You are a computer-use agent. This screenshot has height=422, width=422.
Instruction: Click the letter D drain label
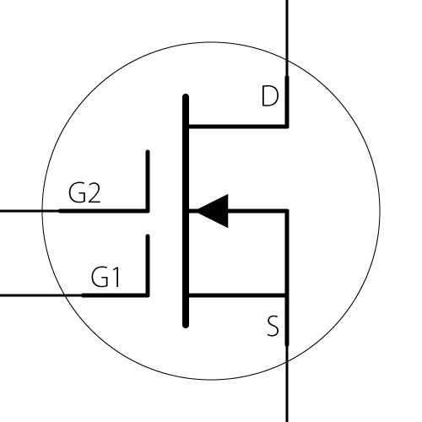click(x=270, y=96)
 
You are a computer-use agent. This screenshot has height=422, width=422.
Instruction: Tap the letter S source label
click(x=273, y=326)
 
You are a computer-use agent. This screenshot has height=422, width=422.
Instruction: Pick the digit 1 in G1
click(x=116, y=277)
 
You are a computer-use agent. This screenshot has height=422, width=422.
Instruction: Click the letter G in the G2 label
click(x=77, y=192)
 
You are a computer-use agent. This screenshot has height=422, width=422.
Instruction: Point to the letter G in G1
click(x=100, y=277)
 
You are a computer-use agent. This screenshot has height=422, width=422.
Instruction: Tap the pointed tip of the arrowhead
click(x=197, y=211)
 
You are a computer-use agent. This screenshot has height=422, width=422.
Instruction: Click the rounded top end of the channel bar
click(x=186, y=96)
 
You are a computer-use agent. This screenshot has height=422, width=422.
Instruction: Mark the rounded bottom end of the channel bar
click(x=186, y=326)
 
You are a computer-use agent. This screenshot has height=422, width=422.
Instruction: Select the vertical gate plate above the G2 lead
click(x=148, y=181)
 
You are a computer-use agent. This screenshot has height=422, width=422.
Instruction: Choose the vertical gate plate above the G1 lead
click(x=148, y=266)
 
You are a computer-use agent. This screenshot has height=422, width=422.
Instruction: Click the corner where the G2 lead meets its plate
click(x=148, y=211)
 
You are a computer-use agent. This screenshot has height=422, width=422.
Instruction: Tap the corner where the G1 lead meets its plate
click(x=148, y=295)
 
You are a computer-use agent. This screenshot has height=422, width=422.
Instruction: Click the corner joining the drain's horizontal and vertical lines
click(x=287, y=127)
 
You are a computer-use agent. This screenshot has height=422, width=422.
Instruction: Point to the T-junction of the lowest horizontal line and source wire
click(x=287, y=295)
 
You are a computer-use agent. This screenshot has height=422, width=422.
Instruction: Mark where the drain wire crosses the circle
click(x=287, y=61)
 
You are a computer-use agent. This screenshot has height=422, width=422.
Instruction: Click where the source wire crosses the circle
click(x=287, y=361)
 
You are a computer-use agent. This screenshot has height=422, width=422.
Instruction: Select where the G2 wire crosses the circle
click(x=42, y=211)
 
